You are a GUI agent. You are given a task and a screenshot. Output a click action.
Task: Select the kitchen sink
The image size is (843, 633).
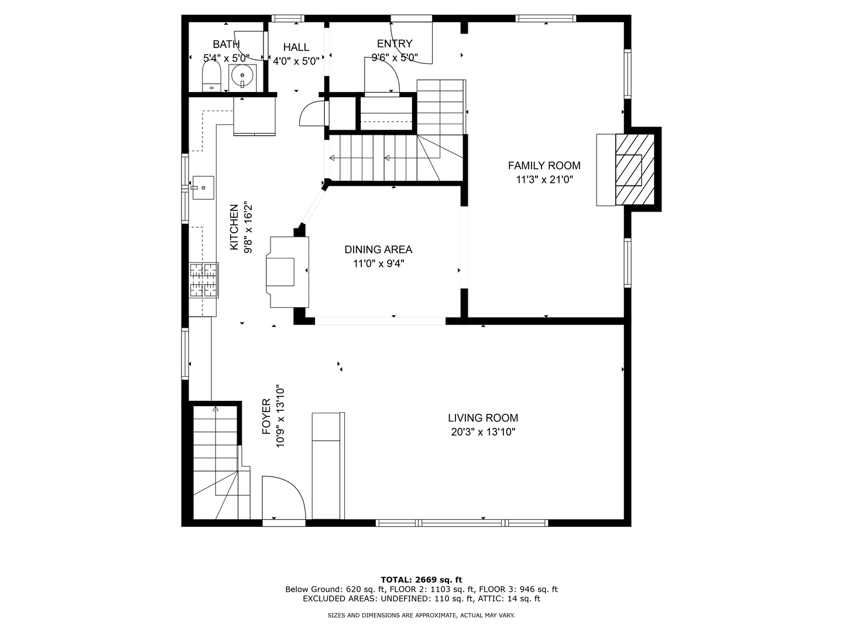pyautogui.click(x=203, y=188)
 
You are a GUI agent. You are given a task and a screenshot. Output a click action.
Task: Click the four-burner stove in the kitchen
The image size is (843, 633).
pyautogui.click(x=204, y=280)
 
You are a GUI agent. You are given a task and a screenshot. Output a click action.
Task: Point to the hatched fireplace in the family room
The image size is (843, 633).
pyautogui.click(x=635, y=169)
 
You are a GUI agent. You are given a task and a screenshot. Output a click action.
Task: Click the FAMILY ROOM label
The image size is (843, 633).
pyautogui.click(x=544, y=166)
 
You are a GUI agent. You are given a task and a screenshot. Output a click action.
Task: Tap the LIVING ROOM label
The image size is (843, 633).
pyautogui.click(x=483, y=418)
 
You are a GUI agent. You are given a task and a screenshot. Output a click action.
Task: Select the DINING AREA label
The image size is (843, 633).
pyautogui.click(x=378, y=250)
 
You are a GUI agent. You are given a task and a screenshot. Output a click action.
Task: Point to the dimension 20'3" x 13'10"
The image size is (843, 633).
pyautogui.click(x=483, y=432)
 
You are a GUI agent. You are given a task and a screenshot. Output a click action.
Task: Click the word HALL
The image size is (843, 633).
pyautogui.click(x=296, y=47)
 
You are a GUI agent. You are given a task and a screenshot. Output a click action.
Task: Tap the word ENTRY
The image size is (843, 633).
pyautogui.click(x=395, y=43)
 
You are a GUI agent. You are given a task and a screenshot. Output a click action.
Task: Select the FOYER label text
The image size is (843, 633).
pyautogui.click(x=266, y=417)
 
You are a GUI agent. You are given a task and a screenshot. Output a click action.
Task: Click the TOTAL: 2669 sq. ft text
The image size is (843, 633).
pyautogui.click(x=421, y=580)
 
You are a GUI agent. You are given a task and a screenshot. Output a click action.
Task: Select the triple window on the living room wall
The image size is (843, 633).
pyautogui.click(x=462, y=523)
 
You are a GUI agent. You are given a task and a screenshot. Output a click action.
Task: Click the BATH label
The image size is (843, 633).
pyautogui.click(x=226, y=44)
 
